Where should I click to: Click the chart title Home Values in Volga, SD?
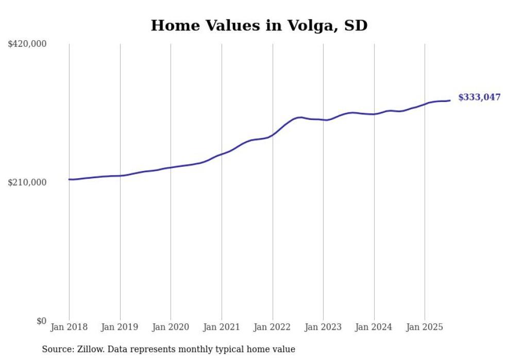[259, 25]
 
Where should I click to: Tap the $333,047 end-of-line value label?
[479, 97]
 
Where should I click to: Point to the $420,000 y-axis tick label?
[27, 44]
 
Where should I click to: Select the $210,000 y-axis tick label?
[27, 182]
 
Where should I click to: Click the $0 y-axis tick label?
[41, 321]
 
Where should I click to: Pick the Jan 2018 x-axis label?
[69, 327]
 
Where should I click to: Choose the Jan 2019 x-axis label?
[120, 327]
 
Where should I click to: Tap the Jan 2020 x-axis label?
[171, 327]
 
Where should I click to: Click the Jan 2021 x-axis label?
[222, 327]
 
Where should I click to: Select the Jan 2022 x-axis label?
[272, 327]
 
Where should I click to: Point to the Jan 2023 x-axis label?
[323, 327]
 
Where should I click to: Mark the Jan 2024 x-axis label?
[374, 327]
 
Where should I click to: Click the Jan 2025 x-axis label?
[425, 327]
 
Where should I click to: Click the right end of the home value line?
[450, 100]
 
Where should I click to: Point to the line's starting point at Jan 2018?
[69, 179]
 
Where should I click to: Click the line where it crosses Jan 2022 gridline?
[272, 135]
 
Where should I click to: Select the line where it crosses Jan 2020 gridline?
[171, 167]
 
